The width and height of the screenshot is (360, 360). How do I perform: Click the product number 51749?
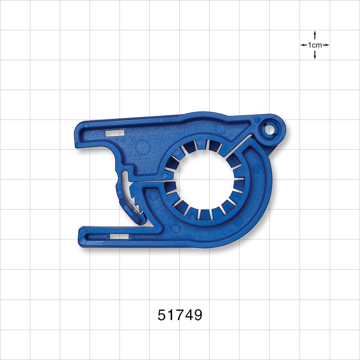point(180,315)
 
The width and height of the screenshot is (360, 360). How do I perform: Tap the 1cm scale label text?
point(315,45)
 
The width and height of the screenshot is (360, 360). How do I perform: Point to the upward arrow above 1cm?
point(315,35)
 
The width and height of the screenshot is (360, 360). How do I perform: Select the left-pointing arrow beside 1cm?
point(303,45)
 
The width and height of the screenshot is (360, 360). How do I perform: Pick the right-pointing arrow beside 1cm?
point(326,45)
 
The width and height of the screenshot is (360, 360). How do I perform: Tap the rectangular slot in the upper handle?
point(114,132)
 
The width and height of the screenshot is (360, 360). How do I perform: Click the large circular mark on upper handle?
point(143,147)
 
